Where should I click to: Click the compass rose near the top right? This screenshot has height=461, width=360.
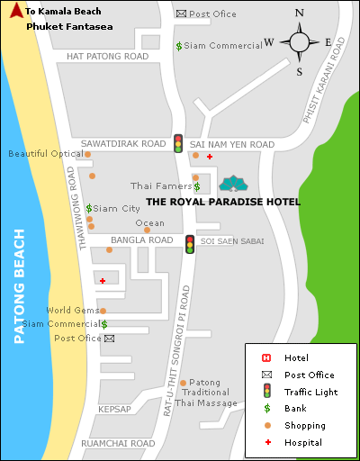(x=299, y=41)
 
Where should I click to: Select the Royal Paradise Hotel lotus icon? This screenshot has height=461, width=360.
(x=234, y=184)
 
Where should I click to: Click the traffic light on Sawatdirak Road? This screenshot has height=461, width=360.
(x=178, y=143)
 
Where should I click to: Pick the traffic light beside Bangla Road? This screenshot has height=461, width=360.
(x=190, y=243)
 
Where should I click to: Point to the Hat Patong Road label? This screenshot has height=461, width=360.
(x=107, y=56)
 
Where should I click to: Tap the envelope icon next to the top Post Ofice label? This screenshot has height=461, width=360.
(x=181, y=14)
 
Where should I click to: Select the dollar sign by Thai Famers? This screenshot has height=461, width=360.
(x=196, y=186)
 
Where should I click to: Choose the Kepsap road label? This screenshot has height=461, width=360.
(x=114, y=409)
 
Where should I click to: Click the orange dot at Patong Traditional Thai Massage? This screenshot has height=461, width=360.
(x=183, y=383)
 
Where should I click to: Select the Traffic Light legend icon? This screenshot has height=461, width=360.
(x=267, y=391)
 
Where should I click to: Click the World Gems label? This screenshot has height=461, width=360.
(x=73, y=311)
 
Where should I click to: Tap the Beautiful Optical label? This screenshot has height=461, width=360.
(x=46, y=154)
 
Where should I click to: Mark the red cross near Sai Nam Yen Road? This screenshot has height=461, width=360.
(x=210, y=157)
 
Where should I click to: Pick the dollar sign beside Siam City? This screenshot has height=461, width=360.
(x=88, y=208)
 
